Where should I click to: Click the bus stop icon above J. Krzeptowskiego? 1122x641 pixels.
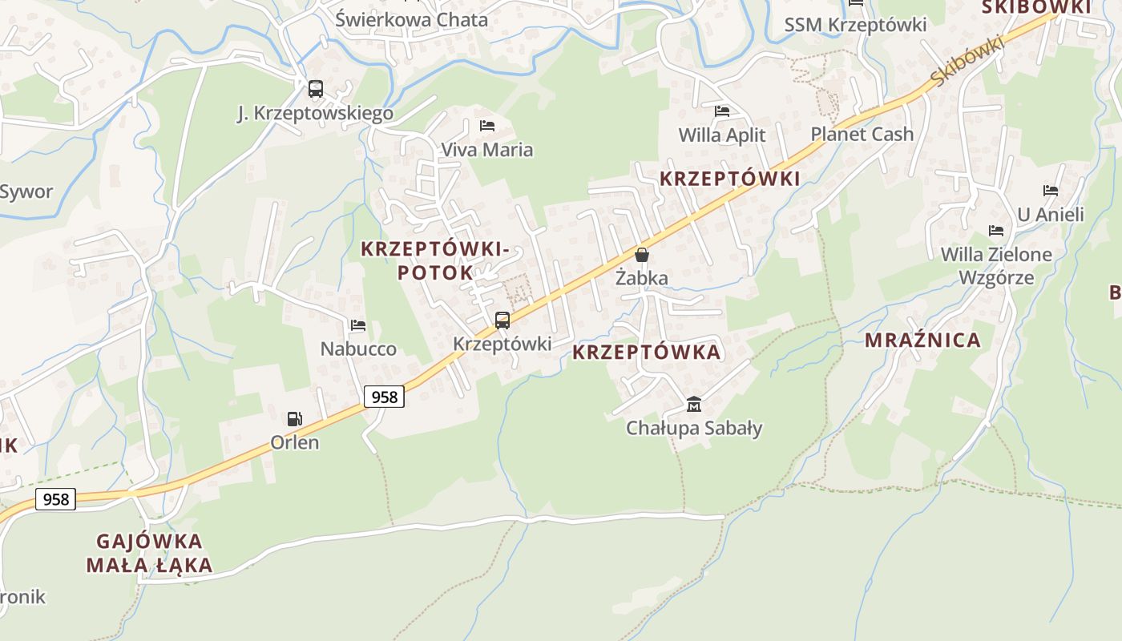[316, 89]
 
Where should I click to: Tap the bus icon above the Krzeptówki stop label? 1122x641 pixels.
[502, 320]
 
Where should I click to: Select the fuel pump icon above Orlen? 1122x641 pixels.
[295, 418]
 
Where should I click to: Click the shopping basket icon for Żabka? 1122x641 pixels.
[641, 255]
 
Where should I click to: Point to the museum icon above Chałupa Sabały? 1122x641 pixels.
[694, 404]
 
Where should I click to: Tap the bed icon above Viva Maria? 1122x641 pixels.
[486, 126]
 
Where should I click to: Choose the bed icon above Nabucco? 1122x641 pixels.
[358, 325]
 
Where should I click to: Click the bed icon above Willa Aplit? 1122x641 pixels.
[722, 111]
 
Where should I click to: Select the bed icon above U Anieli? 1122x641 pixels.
[1051, 191]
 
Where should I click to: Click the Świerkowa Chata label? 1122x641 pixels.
[411, 19]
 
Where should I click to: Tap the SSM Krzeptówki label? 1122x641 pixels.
[855, 25]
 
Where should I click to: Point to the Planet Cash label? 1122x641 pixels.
[862, 134]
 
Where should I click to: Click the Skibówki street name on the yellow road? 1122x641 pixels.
[967, 62]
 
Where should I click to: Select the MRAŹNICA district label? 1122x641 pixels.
[922, 341]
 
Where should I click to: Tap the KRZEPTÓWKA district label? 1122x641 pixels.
[647, 353]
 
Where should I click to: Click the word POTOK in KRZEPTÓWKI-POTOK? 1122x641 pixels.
[435, 272]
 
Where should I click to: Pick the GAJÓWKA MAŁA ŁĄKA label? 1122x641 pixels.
[150, 553]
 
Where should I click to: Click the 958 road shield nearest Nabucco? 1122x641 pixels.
[384, 396]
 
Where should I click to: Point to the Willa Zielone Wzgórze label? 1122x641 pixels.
[996, 266]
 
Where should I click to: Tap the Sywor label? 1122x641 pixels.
[26, 191]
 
